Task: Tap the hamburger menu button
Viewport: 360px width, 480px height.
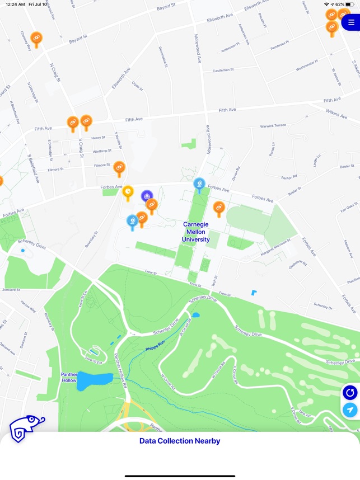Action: point(351,23)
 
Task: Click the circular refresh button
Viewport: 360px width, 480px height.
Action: point(350,393)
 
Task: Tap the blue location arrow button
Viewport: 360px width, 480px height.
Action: point(350,410)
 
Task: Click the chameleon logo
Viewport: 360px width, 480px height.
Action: point(26,429)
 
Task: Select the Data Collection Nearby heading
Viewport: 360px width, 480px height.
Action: point(180,441)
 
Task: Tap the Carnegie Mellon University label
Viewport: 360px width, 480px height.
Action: point(195,232)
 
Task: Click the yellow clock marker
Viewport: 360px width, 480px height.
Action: point(128,193)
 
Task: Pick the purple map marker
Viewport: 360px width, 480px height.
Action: point(147,196)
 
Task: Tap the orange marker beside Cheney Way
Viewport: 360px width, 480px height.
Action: point(36,39)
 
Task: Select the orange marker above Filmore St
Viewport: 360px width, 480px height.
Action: point(119,167)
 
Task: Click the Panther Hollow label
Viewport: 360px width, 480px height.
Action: point(69,377)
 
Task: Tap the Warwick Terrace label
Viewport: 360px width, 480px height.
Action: point(273,126)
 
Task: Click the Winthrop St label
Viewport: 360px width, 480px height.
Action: point(101,151)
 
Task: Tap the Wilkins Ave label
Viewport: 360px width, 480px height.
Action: point(336,114)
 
